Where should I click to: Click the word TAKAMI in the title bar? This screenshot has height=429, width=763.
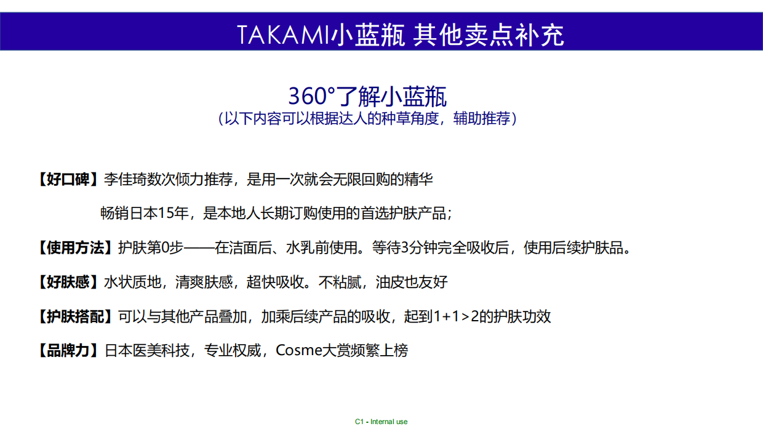point(283,35)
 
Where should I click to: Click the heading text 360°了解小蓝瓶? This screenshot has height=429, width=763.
point(367,97)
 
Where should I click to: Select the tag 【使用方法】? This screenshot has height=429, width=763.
point(74,248)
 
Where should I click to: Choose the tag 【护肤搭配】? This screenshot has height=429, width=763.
point(74,317)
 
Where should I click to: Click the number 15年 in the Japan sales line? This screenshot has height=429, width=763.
point(173,214)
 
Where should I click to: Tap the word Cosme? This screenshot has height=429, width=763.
point(299,351)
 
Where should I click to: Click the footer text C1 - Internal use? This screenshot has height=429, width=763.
point(381,422)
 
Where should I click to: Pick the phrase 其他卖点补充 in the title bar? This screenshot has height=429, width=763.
point(489,35)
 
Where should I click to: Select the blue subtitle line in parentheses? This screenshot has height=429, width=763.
point(367,119)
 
